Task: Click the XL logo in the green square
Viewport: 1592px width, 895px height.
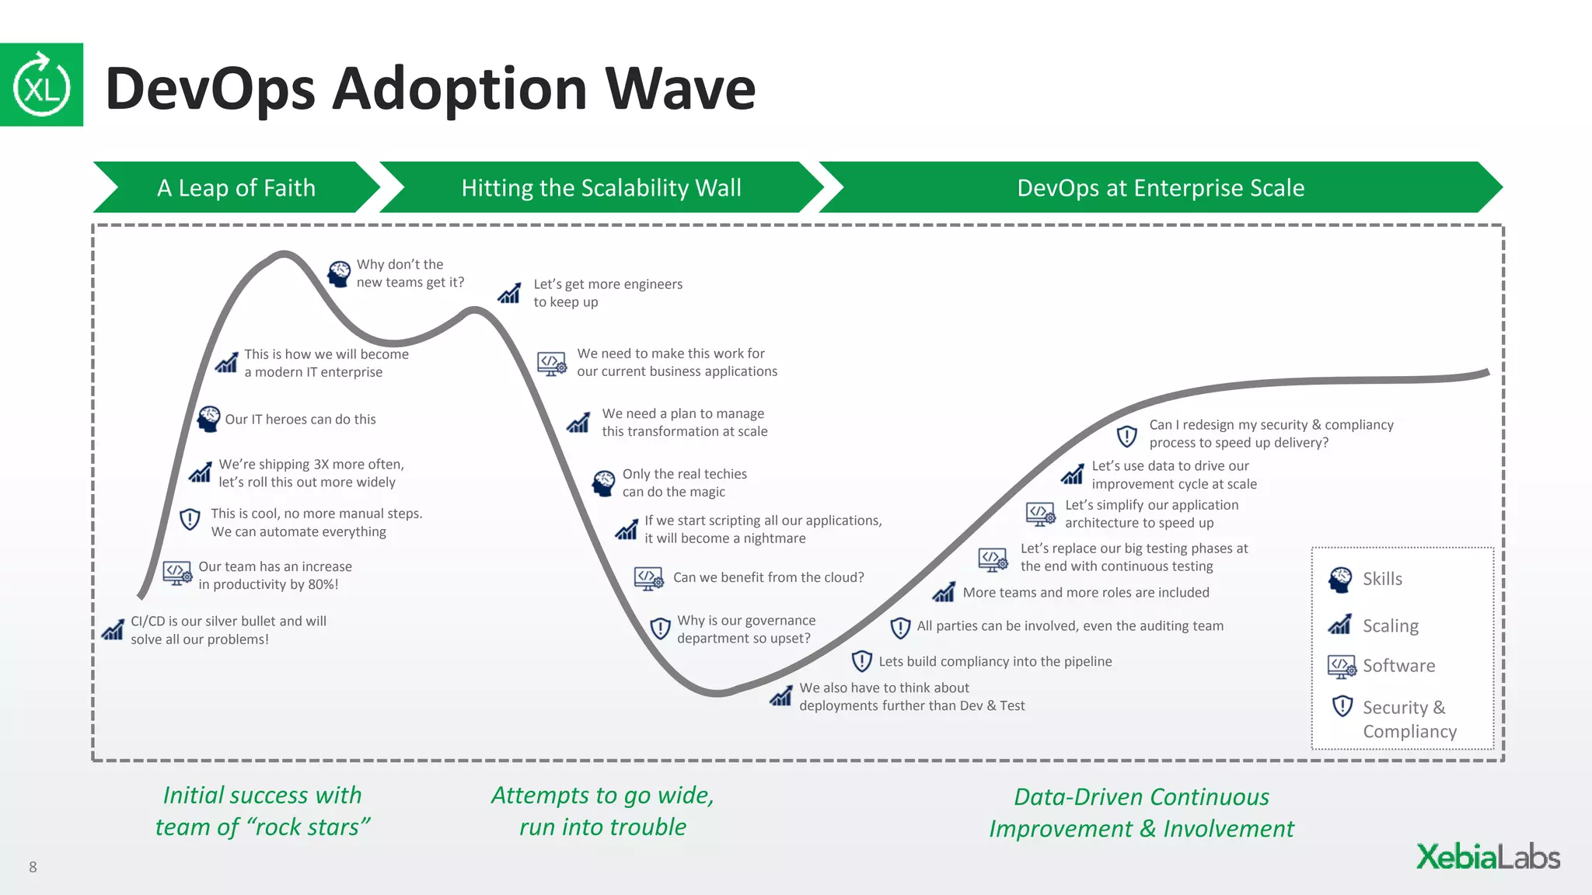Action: coord(41,85)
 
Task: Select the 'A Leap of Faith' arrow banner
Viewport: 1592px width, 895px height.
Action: coord(236,187)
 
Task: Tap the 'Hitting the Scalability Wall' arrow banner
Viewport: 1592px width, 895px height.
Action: coord(601,187)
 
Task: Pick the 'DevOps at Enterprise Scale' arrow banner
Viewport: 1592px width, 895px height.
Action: coord(1160,187)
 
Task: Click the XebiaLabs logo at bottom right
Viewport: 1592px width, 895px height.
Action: coord(1487,857)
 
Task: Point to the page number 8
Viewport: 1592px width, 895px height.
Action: coord(33,867)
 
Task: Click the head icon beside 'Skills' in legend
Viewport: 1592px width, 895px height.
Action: coord(1340,580)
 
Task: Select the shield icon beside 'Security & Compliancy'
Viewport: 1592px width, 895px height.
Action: coord(1342,706)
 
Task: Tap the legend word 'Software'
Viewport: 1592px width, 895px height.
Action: coord(1398,666)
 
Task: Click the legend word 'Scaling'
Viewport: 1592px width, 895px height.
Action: coord(1390,625)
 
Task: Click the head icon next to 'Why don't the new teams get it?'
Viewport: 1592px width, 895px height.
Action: coord(339,273)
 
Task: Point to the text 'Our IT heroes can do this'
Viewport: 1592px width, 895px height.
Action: coord(300,420)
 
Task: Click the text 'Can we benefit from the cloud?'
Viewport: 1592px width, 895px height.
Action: coord(768,577)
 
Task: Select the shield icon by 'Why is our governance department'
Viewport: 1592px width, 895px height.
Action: coord(660,628)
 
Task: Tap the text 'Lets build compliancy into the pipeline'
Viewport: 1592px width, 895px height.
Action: coord(995,661)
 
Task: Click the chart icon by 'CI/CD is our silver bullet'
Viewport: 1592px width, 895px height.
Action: coord(113,629)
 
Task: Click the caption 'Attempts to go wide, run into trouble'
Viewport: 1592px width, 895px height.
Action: coord(602,811)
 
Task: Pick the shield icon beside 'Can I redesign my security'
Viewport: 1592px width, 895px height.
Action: coord(1126,436)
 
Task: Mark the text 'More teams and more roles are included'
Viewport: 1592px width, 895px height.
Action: coord(1085,593)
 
